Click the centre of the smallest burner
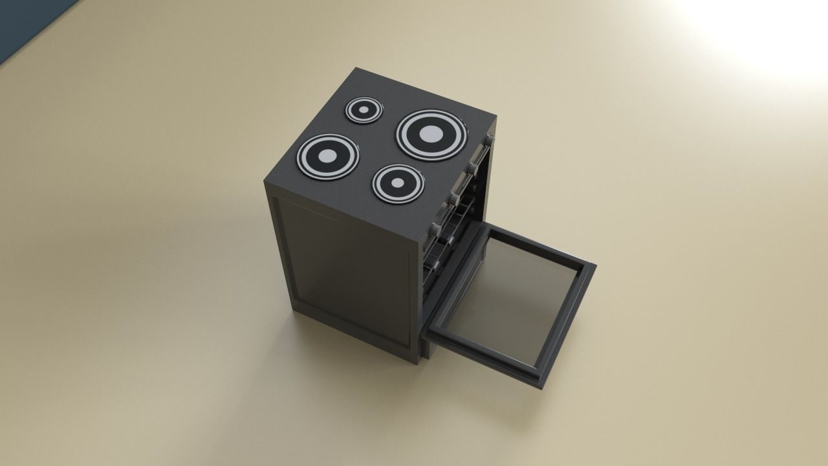[364, 110]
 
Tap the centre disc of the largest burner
[431, 135]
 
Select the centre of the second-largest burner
[328, 156]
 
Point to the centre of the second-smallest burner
[398, 183]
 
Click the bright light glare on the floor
[763, 32]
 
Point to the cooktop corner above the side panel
[265, 182]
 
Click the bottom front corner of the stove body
[414, 364]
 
